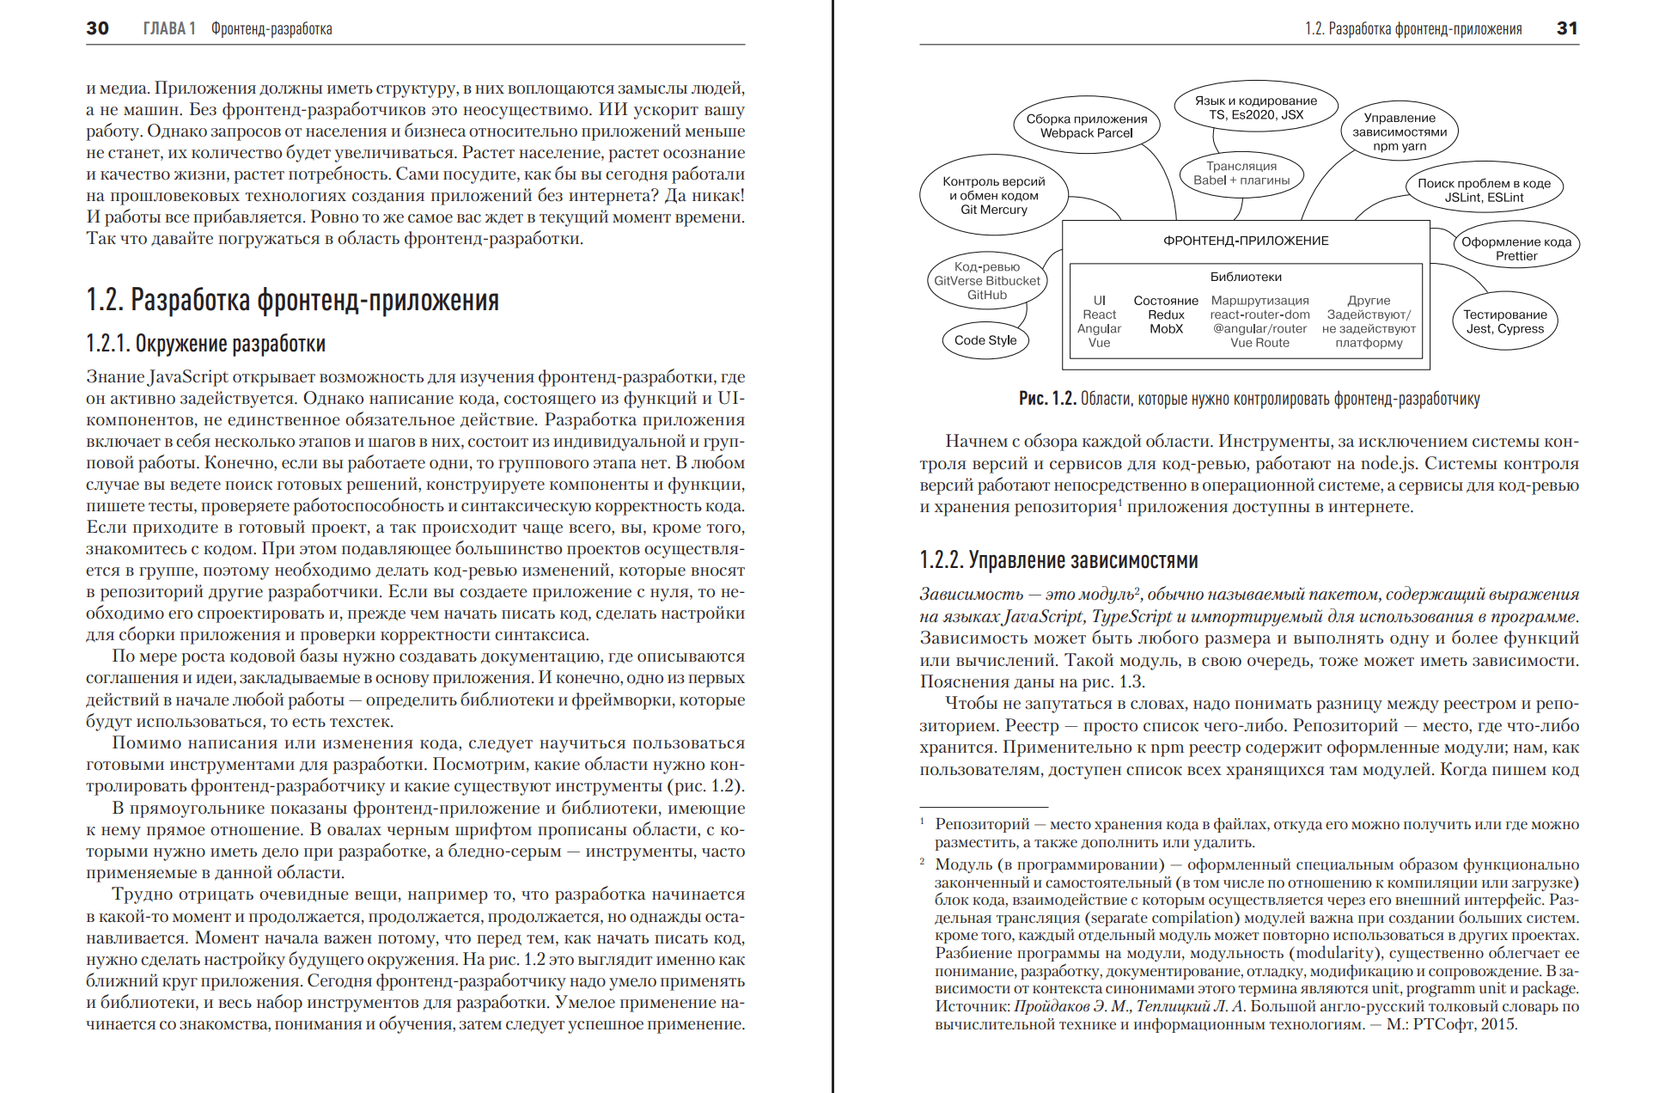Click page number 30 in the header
click(x=97, y=28)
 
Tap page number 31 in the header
click(x=1567, y=28)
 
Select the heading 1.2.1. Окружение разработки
click(x=205, y=344)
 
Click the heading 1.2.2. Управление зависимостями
click(x=1058, y=560)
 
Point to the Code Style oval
click(x=985, y=340)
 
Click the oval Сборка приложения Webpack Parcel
click(x=1086, y=126)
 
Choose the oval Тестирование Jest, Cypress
click(x=1504, y=321)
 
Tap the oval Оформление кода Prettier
click(x=1516, y=248)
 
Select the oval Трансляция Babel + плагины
click(x=1241, y=174)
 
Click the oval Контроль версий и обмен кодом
click(x=993, y=195)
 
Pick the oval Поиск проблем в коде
click(x=1484, y=190)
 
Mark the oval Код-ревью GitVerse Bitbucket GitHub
click(x=986, y=281)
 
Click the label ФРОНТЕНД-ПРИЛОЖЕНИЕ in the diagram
click(x=1246, y=241)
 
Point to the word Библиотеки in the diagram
click(x=1246, y=277)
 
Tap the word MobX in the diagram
click(x=1166, y=329)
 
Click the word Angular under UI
click(x=1099, y=329)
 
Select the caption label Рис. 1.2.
click(x=1047, y=399)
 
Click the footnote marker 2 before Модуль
click(x=923, y=861)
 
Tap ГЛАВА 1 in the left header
click(x=169, y=28)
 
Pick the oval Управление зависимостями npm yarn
click(x=1399, y=131)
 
